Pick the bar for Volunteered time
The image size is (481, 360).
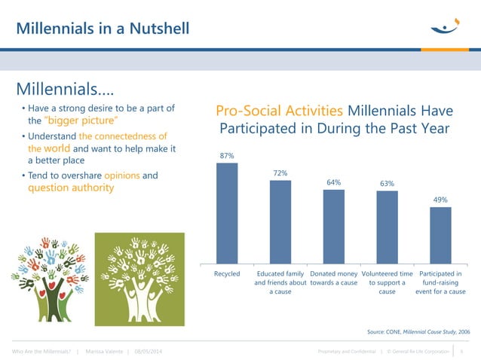coord(387,227)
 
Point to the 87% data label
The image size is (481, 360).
coord(227,156)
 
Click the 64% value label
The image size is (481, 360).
coord(334,182)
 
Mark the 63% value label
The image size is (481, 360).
coord(387,183)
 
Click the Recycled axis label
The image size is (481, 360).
coord(227,273)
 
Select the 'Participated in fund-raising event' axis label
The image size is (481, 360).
coord(440,282)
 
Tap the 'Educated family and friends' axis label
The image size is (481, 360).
coord(280,282)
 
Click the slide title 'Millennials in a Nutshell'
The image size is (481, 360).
coord(103,29)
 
